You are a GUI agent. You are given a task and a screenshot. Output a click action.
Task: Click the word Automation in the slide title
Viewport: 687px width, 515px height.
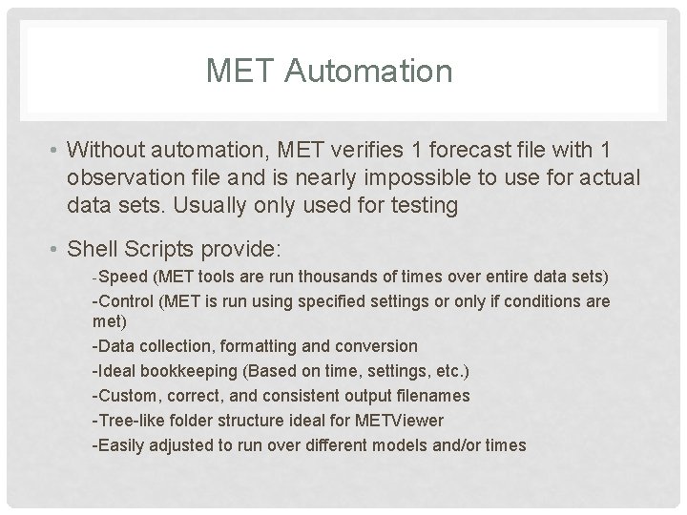382,70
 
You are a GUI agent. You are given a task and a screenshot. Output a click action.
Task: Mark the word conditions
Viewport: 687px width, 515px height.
534,301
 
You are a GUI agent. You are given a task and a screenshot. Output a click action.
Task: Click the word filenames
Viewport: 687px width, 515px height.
424,395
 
